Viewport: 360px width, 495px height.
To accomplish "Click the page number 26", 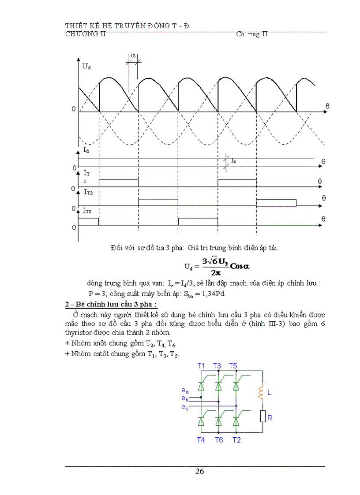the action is pyautogui.click(x=199, y=471).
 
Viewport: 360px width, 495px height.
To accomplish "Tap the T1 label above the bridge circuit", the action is pyautogui.click(x=201, y=366).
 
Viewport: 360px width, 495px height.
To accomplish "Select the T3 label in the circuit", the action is pyautogui.click(x=217, y=366).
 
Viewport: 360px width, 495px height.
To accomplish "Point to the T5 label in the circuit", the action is pyautogui.click(x=233, y=366).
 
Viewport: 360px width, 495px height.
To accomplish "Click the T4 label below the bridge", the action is pyautogui.click(x=201, y=439).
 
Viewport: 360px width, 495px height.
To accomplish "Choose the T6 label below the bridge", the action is pyautogui.click(x=219, y=439).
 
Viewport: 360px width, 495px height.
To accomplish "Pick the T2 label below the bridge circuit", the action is pyautogui.click(x=237, y=439).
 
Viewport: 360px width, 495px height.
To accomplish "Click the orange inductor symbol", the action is pyautogui.click(x=261, y=392).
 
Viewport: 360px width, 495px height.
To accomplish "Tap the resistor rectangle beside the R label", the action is pyautogui.click(x=262, y=416).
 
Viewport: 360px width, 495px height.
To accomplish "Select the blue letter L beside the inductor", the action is pyautogui.click(x=270, y=392).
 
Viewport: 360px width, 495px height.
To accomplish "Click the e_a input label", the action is pyautogui.click(x=185, y=391).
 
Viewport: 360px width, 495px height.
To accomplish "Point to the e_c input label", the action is pyautogui.click(x=185, y=407).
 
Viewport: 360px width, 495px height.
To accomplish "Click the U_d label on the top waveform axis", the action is pyautogui.click(x=86, y=67).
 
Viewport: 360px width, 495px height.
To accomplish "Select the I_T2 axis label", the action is pyautogui.click(x=88, y=192).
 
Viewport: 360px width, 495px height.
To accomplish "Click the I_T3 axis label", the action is pyautogui.click(x=87, y=211).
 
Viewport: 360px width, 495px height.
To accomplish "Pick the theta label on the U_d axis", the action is pyautogui.click(x=327, y=106).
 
